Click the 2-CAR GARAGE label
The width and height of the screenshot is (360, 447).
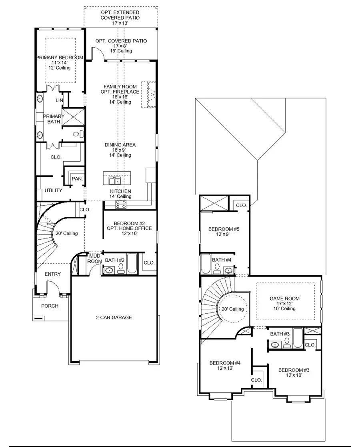pos(114,317)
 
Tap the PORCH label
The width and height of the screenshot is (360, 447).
pos(50,306)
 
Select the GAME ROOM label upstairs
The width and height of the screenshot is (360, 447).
pos(284,299)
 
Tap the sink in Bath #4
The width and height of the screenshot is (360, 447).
pos(228,270)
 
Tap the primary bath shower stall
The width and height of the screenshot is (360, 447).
pos(73,116)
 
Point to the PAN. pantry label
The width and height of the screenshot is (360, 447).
pos(77,179)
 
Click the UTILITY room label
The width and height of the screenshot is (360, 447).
pos(53,190)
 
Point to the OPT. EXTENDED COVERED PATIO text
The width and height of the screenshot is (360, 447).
pos(120,18)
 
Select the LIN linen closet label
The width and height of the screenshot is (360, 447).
pos(59,100)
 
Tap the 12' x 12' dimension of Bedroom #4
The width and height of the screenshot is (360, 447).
pos(225,368)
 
